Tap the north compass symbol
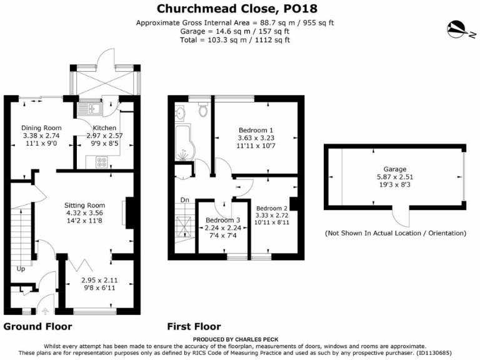(x=457, y=28)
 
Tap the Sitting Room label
(x=84, y=204)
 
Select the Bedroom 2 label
(x=271, y=208)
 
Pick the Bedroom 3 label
(x=222, y=219)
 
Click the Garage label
(x=395, y=169)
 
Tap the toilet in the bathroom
(x=202, y=111)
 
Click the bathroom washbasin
(x=181, y=114)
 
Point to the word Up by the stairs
(x=21, y=269)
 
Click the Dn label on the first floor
(x=184, y=200)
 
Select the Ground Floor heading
(x=37, y=326)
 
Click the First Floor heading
(x=194, y=326)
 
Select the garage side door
(x=397, y=218)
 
